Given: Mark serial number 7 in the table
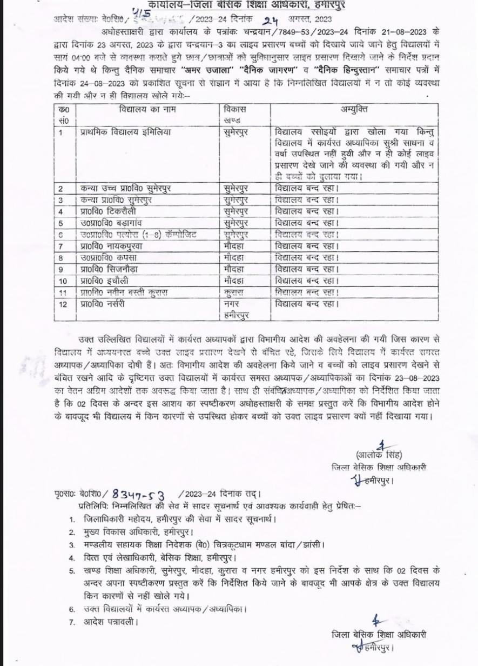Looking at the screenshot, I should [x=61, y=246].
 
